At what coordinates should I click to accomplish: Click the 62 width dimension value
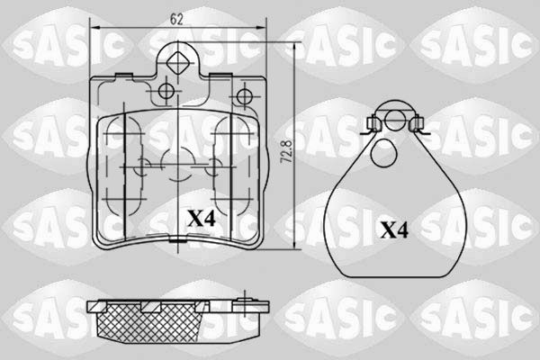[x=176, y=20]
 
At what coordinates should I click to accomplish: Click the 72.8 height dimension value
[x=287, y=151]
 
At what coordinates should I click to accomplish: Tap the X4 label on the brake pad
[x=202, y=219]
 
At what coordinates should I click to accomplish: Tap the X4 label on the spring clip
[x=394, y=230]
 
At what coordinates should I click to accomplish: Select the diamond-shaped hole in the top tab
[x=177, y=63]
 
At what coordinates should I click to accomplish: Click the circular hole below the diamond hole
[x=166, y=91]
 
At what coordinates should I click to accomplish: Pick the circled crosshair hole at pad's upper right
[x=244, y=96]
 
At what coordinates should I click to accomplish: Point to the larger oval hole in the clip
[x=383, y=153]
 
